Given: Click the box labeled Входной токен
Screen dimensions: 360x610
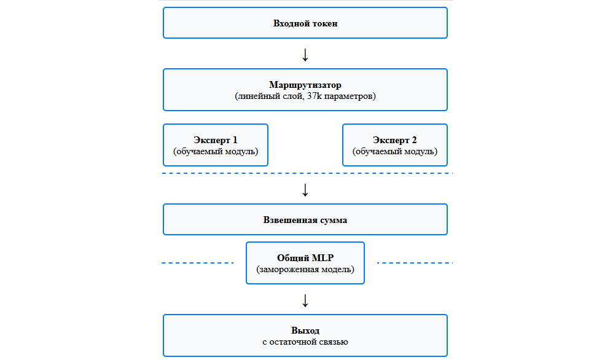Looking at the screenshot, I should click(305, 23).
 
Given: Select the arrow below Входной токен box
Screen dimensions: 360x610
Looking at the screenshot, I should click(305, 55).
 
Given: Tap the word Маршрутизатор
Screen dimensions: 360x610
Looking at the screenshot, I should click(305, 85).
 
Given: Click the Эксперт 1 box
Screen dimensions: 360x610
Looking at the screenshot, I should click(215, 144).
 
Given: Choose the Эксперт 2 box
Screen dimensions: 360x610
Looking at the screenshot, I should click(394, 144).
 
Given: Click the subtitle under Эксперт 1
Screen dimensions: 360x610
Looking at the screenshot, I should click(215, 151).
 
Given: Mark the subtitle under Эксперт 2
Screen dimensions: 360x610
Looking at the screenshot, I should click(394, 151).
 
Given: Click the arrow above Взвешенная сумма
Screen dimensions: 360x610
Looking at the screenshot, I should click(305, 190).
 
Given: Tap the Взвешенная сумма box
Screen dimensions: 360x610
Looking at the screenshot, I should click(305, 220).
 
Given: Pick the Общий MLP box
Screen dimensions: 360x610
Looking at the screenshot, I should click(305, 262).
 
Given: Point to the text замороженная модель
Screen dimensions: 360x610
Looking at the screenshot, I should click(305, 269).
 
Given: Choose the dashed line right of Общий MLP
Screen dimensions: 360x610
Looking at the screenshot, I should click(413, 263).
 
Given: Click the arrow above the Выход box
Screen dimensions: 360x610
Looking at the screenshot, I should click(305, 300).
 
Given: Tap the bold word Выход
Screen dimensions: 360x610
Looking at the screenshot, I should click(305, 331).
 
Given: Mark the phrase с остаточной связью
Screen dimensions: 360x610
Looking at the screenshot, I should click(305, 342).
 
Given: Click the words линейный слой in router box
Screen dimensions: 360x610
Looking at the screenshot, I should click(270, 96).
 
